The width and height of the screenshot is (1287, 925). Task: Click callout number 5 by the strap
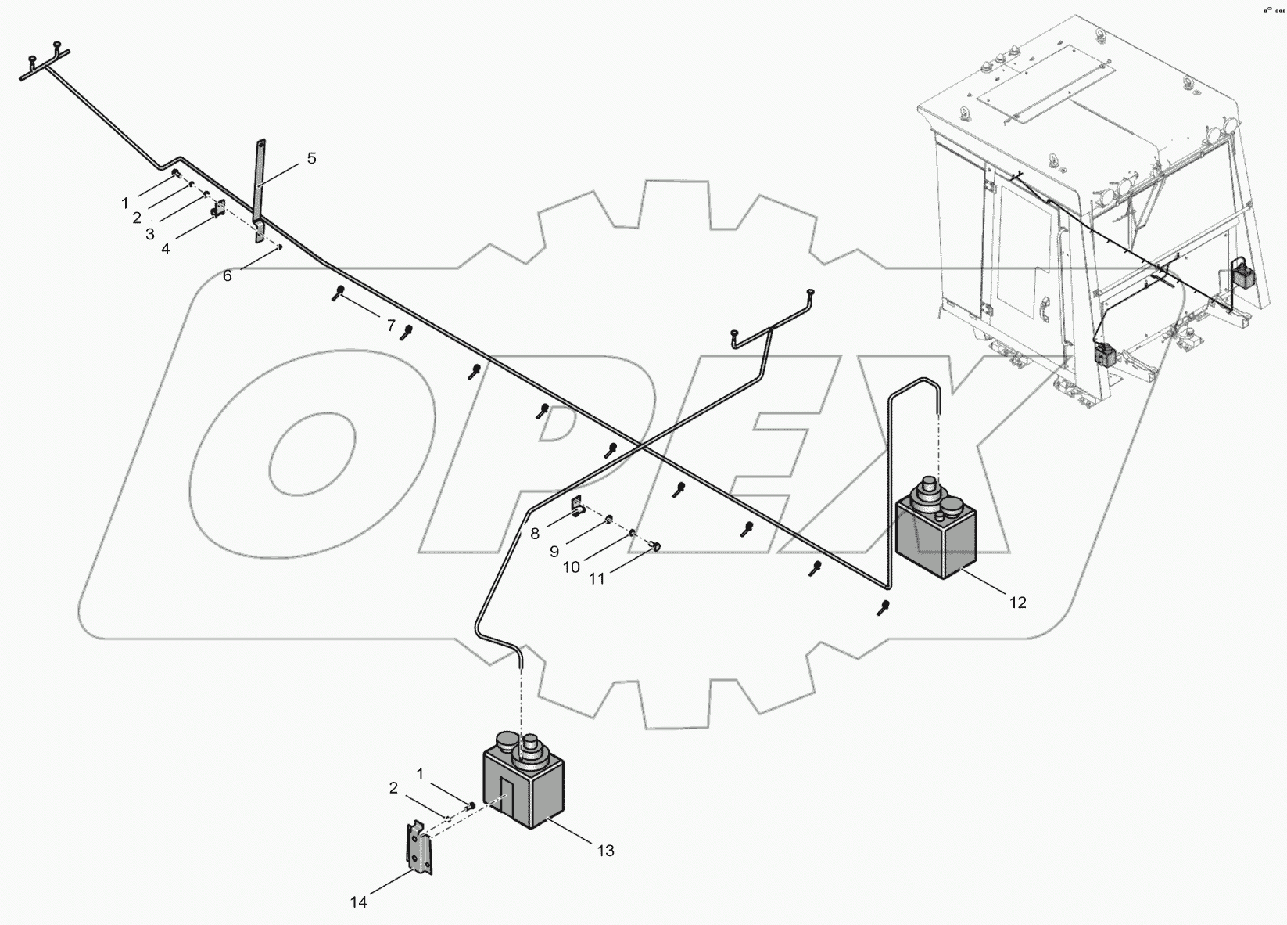click(x=311, y=159)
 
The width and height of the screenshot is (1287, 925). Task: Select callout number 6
click(x=228, y=275)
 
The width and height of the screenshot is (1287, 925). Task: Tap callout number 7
click(x=391, y=326)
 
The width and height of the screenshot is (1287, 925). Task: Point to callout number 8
click(x=535, y=534)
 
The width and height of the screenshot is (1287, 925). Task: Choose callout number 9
click(x=554, y=551)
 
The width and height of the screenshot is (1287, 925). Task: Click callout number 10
click(x=572, y=567)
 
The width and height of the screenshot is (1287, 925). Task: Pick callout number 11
click(x=597, y=580)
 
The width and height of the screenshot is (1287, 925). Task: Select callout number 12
click(x=1017, y=603)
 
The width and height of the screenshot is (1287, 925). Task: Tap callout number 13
click(x=605, y=851)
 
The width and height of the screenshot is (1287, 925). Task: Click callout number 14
click(x=358, y=902)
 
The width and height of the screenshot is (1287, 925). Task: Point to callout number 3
click(x=150, y=233)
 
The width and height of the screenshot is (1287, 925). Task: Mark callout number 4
click(x=165, y=248)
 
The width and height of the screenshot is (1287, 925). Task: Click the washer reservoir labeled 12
click(x=935, y=532)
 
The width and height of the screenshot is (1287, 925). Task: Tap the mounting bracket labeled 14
click(x=420, y=848)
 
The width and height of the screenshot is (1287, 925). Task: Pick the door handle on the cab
click(x=1043, y=310)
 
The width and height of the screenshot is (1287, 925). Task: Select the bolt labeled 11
click(x=656, y=546)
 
